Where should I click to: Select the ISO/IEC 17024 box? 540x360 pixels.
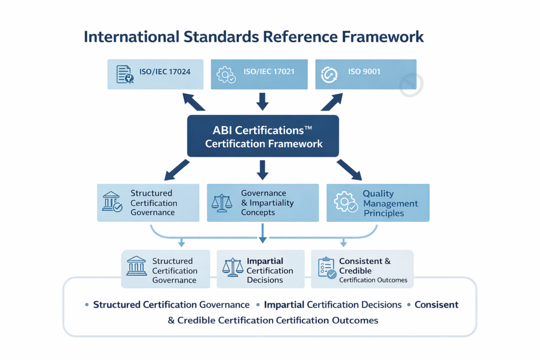pyautogui.click(x=155, y=74)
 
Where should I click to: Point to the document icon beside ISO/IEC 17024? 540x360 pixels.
pyautogui.click(x=124, y=74)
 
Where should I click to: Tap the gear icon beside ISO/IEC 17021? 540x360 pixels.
pyautogui.click(x=226, y=74)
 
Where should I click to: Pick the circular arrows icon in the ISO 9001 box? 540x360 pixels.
pyautogui.click(x=330, y=74)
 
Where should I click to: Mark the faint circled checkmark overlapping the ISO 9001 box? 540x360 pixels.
pyautogui.click(x=411, y=84)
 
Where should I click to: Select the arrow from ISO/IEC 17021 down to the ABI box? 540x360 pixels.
pyautogui.click(x=263, y=100)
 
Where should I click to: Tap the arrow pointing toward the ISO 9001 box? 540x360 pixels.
pyautogui.click(x=332, y=101)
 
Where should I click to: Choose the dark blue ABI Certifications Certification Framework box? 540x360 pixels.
pyautogui.click(x=263, y=137)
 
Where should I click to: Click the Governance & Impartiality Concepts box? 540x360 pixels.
pyautogui.click(x=263, y=202)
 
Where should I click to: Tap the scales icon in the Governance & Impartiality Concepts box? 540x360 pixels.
pyautogui.click(x=222, y=203)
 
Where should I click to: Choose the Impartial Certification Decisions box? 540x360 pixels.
pyautogui.click(x=261, y=270)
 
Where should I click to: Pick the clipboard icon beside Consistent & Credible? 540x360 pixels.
pyautogui.click(x=327, y=268)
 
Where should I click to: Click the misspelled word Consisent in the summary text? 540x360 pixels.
pyautogui.click(x=437, y=305)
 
